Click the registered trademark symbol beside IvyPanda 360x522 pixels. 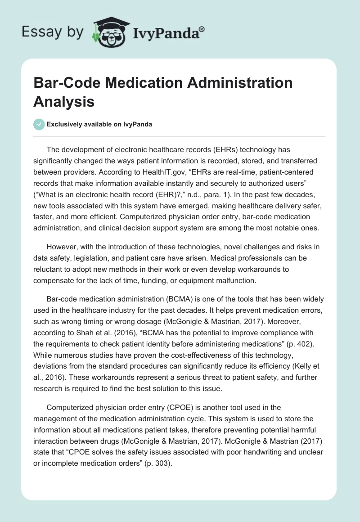click(202, 29)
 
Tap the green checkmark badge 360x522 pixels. click(39, 124)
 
